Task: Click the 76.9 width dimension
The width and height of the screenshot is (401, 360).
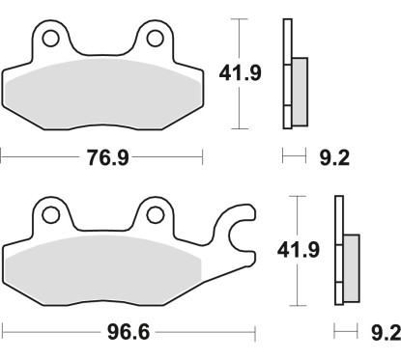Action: tap(101, 155)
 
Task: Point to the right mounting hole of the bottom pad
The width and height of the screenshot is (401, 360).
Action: tap(155, 213)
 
